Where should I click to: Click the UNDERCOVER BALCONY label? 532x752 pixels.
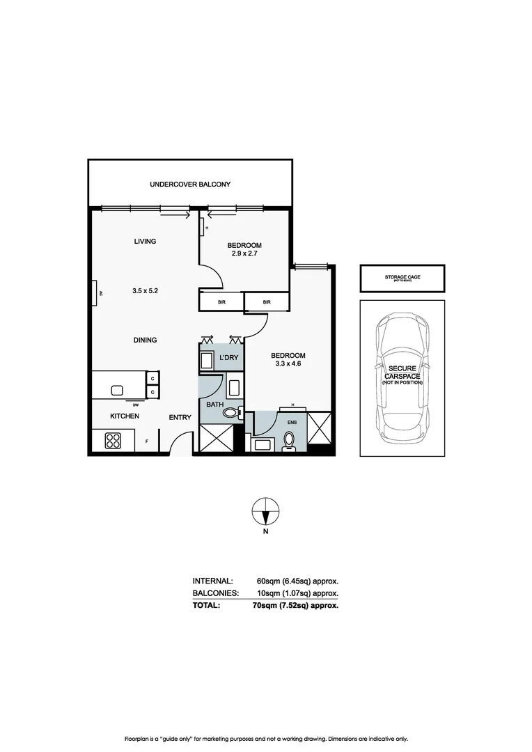190,185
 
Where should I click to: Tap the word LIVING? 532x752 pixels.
145,242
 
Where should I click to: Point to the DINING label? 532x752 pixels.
145,340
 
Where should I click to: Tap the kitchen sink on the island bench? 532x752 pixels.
117,389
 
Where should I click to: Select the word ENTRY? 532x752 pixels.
180,417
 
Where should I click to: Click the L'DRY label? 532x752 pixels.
229,357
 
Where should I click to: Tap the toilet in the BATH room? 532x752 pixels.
230,413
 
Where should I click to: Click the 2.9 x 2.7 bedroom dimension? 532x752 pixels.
244,253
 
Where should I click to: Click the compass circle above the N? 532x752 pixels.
265,512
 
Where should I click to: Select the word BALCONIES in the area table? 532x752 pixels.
216,593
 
